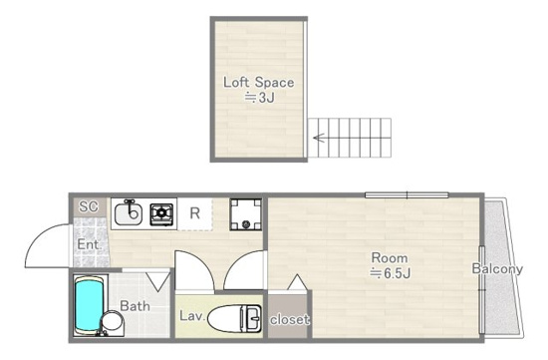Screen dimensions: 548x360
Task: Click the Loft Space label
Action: [x=259, y=83]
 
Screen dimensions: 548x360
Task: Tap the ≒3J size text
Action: [x=260, y=98]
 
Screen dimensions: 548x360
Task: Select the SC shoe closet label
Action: [x=89, y=206]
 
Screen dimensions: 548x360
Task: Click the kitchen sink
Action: [x=129, y=213]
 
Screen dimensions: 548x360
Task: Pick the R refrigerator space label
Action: [x=194, y=213]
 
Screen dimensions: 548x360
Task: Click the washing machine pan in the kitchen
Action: [x=246, y=214]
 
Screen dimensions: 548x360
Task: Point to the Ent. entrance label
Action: [x=89, y=244]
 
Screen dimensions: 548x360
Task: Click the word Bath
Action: [x=135, y=306]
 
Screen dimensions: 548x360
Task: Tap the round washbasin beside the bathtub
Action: [x=113, y=322]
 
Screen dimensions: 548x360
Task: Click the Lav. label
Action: [x=192, y=316]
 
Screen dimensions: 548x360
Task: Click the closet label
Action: [x=289, y=319]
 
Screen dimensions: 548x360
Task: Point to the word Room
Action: [x=390, y=258]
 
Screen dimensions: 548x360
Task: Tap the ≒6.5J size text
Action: [x=390, y=273]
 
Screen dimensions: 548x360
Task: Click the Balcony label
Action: [x=497, y=268]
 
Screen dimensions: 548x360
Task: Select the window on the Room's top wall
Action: [x=407, y=194]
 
